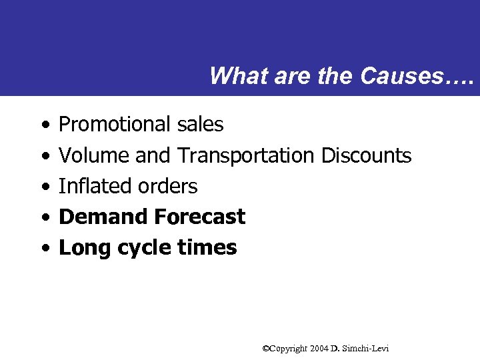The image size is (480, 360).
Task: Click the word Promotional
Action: click(115, 125)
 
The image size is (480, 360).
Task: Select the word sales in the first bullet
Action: click(201, 125)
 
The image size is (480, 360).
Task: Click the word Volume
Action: click(95, 155)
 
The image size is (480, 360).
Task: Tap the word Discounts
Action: click(366, 155)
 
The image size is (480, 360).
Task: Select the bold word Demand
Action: click(103, 217)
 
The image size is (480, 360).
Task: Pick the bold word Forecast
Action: click(199, 217)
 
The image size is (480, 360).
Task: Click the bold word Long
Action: click(85, 247)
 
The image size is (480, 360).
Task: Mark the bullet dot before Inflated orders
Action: click(43, 187)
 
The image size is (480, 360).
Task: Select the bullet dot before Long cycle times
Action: click(43, 248)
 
